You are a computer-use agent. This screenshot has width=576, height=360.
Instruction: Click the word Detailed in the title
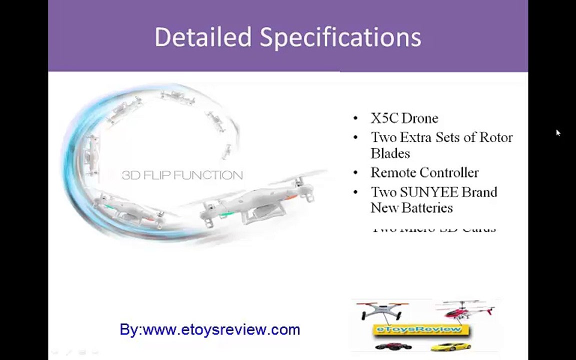pyautogui.click(x=202, y=37)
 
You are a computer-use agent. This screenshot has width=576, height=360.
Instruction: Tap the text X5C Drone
pyautogui.click(x=404, y=118)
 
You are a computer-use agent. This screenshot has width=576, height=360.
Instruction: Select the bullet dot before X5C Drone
pyautogui.click(x=355, y=118)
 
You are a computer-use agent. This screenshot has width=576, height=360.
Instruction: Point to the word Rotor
pyautogui.click(x=496, y=137)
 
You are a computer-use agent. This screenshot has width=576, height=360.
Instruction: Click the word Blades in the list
pyautogui.click(x=390, y=153)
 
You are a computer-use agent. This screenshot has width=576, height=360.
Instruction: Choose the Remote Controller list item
pyautogui.click(x=424, y=173)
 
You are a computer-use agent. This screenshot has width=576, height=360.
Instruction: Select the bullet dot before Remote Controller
pyautogui.click(x=355, y=173)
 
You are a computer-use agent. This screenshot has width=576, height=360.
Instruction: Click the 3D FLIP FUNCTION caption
pyautogui.click(x=182, y=175)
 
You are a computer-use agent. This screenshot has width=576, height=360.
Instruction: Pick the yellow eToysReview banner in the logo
pyautogui.click(x=421, y=329)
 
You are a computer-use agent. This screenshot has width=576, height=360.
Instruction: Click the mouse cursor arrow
pyautogui.click(x=557, y=132)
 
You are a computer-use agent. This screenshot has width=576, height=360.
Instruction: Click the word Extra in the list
pyautogui.click(x=415, y=137)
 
